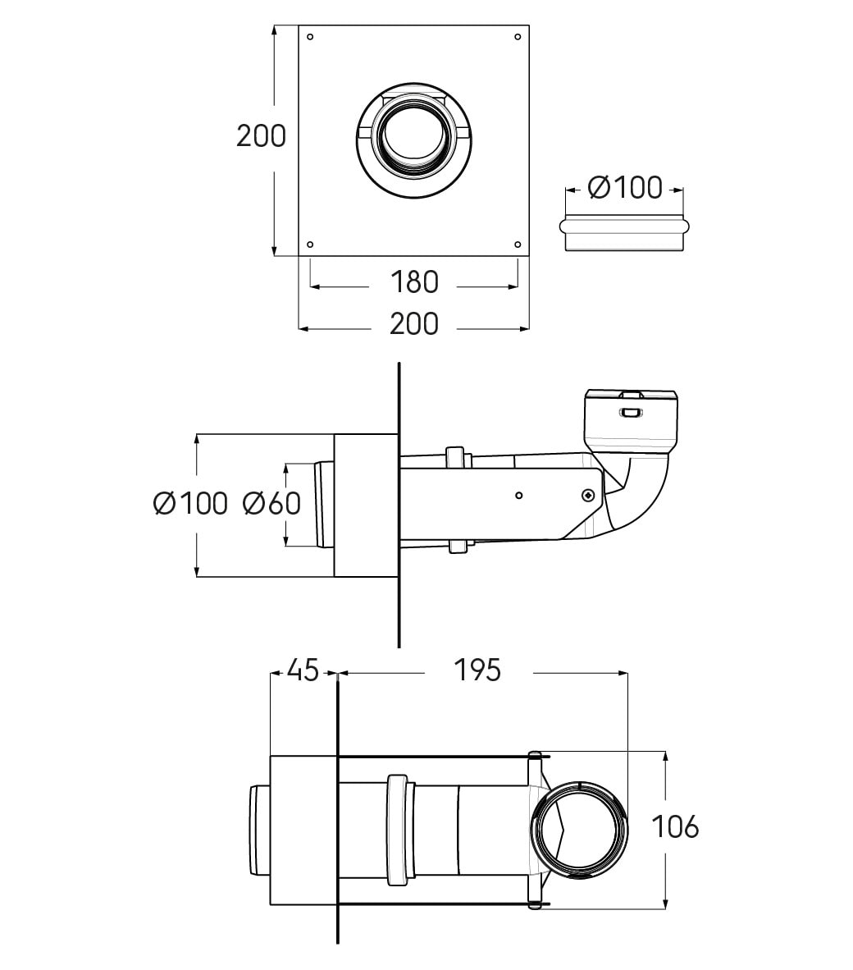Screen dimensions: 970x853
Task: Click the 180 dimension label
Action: coord(414,282)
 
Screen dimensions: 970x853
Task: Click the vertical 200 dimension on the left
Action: coord(261,135)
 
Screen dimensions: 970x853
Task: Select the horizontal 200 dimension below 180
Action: coord(414,324)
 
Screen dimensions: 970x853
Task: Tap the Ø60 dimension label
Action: coord(271,503)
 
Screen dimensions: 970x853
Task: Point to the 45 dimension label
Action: coord(303,670)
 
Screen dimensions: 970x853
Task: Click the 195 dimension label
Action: coord(477,670)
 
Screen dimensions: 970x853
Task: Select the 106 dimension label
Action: coord(674,826)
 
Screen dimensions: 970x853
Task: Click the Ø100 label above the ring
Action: coord(625,188)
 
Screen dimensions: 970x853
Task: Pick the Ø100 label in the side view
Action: coord(190,503)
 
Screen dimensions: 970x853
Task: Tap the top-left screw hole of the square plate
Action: coord(309,36)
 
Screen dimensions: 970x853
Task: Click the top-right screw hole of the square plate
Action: coord(518,36)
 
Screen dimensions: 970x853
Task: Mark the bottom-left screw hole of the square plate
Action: coord(309,244)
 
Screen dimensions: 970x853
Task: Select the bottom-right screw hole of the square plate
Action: coord(518,244)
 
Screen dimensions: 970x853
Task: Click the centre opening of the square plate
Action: coord(413,135)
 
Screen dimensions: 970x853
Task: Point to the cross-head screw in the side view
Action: coord(588,495)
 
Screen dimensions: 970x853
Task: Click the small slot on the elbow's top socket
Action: coord(630,412)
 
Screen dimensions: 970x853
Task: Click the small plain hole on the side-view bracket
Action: coord(518,495)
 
